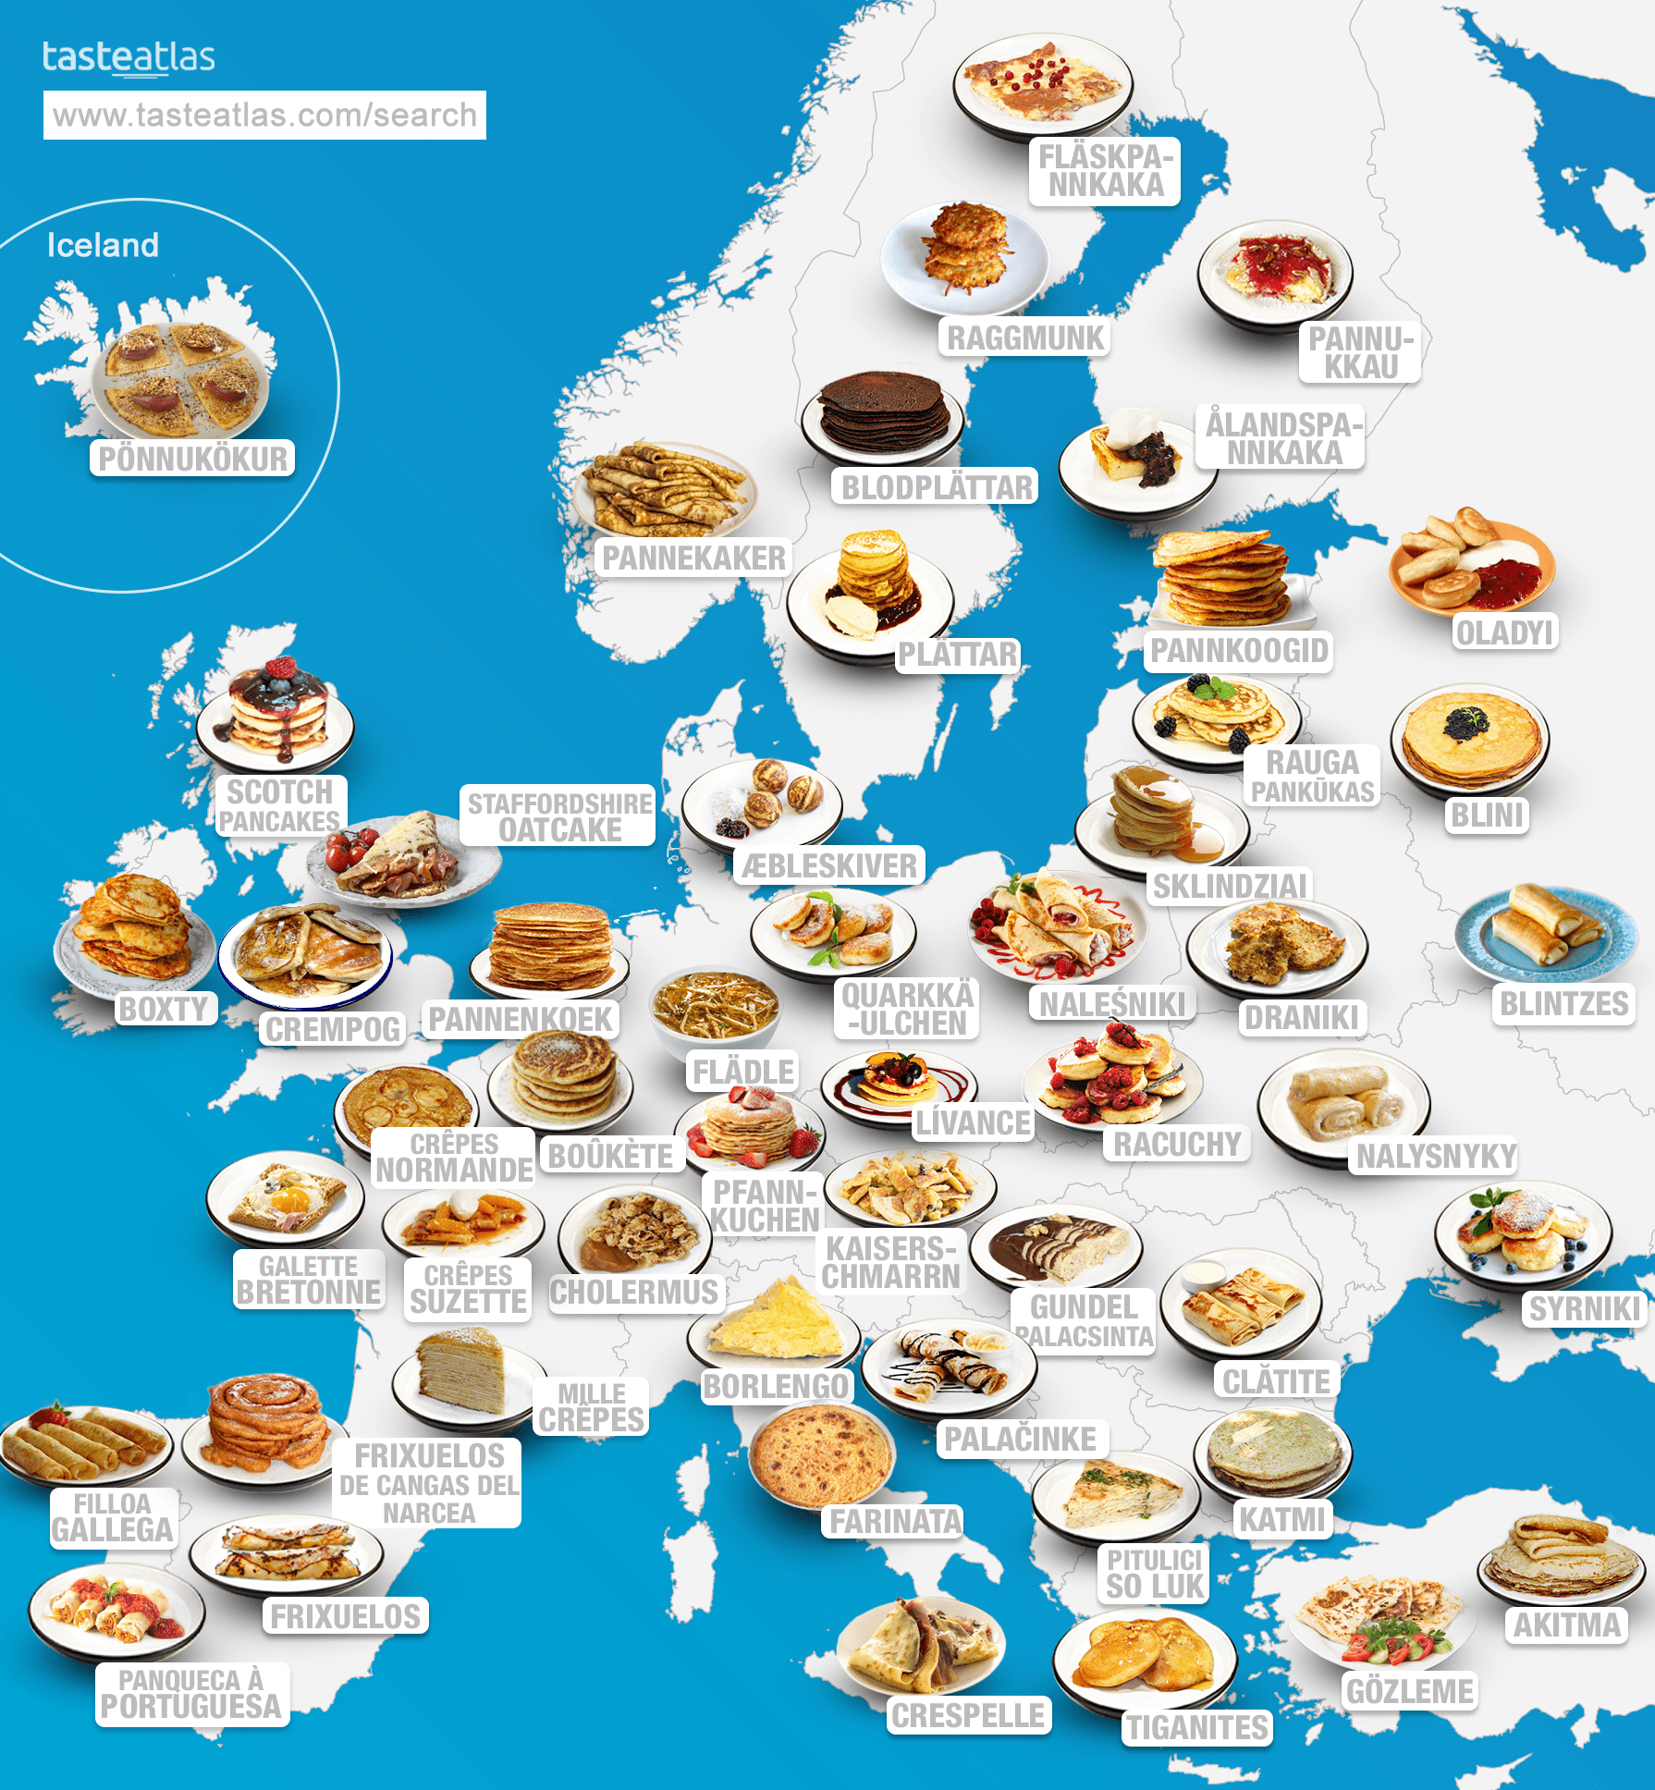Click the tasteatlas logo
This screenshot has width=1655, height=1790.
pos(129,57)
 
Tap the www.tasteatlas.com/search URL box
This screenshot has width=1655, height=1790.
pos(264,115)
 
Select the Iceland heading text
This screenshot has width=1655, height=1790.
pos(103,245)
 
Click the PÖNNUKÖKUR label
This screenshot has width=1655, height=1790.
pos(192,459)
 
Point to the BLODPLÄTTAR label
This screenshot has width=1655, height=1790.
pos(936,487)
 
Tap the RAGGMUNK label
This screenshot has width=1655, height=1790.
pos(1024,338)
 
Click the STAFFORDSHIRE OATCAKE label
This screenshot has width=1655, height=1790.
pos(559,816)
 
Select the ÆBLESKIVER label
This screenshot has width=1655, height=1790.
pos(829,866)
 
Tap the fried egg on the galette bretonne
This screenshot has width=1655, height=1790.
pos(288,1199)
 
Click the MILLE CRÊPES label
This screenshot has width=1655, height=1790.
pos(591,1406)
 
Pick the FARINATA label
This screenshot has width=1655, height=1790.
pos(895,1521)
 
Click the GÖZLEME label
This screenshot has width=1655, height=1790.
pos(1409,1691)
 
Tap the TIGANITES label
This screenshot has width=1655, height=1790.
pos(1196,1727)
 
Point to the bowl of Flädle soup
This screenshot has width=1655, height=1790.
pos(715,1008)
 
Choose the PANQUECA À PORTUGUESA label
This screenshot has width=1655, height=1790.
pos(191,1694)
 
